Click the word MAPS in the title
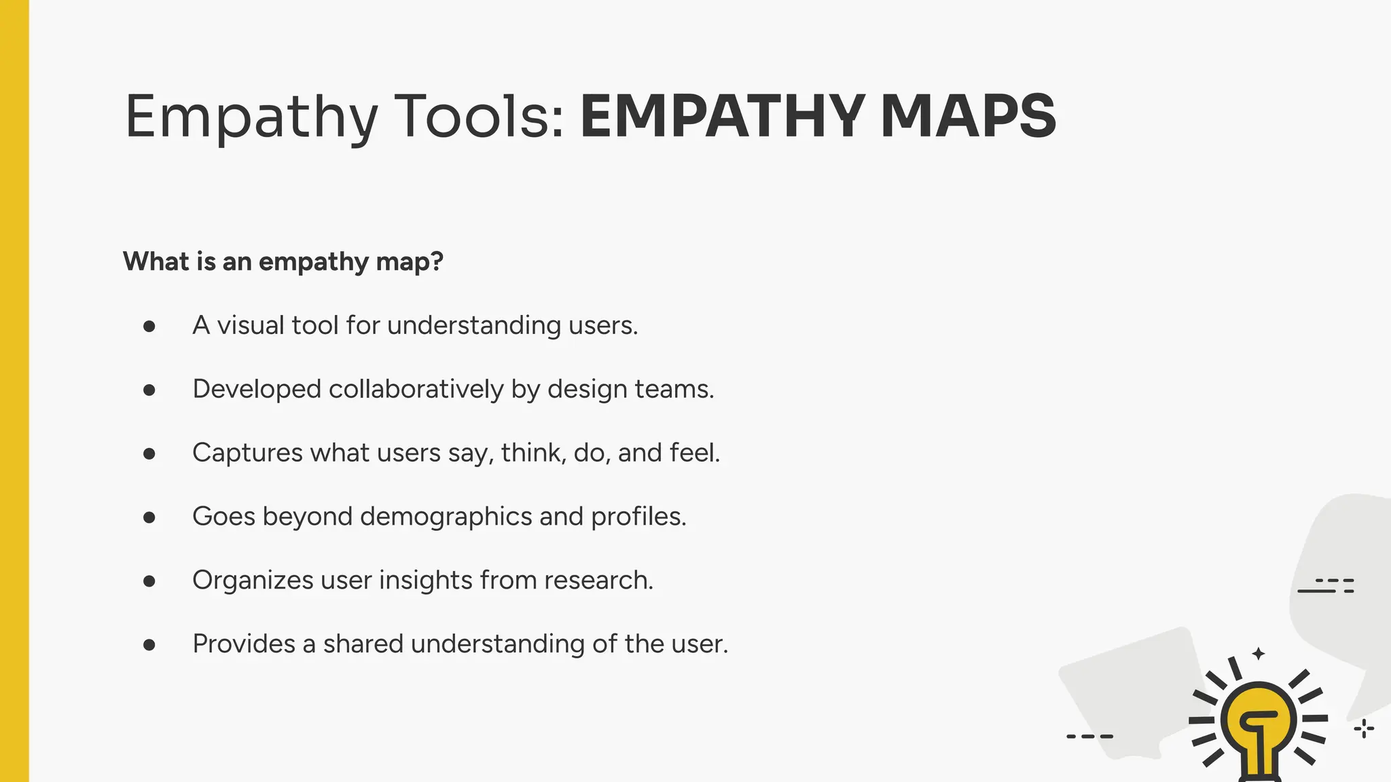(x=968, y=117)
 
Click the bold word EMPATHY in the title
(x=723, y=117)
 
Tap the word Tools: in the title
(x=479, y=117)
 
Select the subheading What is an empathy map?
(x=283, y=261)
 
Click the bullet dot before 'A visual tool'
(x=149, y=327)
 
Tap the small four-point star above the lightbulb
(x=1259, y=654)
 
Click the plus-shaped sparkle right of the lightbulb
(x=1364, y=729)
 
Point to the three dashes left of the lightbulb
(x=1089, y=736)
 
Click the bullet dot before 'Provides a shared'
(x=149, y=645)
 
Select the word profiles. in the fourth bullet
(x=638, y=517)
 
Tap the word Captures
(x=247, y=453)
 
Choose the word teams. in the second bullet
(x=674, y=390)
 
